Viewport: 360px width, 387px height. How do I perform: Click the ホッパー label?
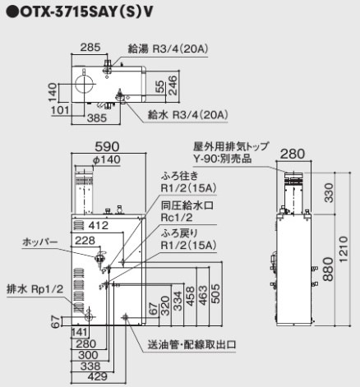pos(40,243)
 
